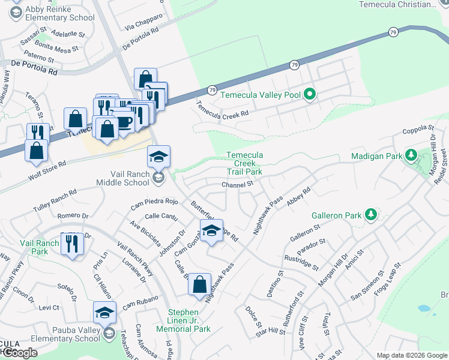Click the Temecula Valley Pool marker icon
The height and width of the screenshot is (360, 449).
pos(310,94)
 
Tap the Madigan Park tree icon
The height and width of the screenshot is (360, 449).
pos(411,156)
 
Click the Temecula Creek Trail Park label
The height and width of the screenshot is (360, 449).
pos(244,163)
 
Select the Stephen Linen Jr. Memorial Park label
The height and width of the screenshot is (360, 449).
pos(183,320)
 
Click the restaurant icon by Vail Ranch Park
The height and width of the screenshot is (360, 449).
pos(72,242)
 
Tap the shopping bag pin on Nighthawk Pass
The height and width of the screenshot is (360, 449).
pos(200,283)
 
